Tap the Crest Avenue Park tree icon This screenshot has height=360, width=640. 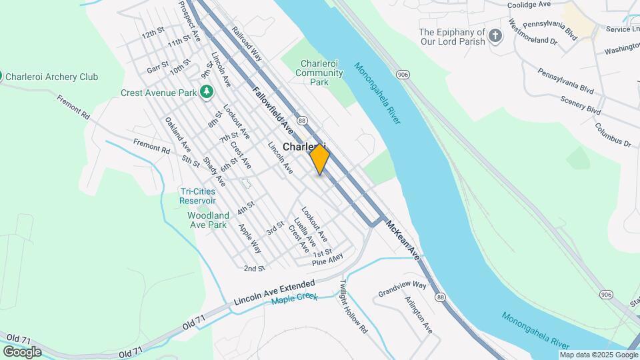(x=207, y=92)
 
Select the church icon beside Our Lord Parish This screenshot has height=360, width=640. (x=495, y=35)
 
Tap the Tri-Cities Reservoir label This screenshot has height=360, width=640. (x=197, y=196)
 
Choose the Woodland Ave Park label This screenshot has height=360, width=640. (x=208, y=220)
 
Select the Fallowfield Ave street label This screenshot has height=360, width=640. (x=273, y=109)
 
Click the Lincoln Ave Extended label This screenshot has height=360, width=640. (x=274, y=293)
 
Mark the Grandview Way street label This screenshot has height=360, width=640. (x=402, y=288)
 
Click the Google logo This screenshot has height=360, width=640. (x=22, y=351)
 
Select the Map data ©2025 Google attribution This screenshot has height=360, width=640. (x=599, y=355)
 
